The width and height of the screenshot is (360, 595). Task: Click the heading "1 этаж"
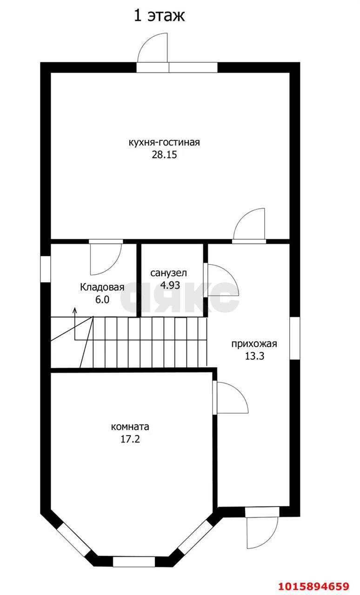point(160,15)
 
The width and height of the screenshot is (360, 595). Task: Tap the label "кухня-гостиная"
point(164,142)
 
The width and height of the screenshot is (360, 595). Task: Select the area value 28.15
point(164,155)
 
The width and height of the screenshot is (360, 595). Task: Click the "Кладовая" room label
point(102,287)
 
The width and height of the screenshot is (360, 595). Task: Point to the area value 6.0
point(102,300)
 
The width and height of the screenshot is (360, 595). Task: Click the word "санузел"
point(168,273)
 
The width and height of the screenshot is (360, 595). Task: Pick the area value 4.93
point(170,285)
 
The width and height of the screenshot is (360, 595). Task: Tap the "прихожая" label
point(254,344)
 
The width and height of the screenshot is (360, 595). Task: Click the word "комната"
point(130,426)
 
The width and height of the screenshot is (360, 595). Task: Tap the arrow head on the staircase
point(74,310)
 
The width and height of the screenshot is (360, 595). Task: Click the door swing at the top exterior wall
point(153,49)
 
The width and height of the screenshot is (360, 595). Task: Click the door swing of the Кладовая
point(105,258)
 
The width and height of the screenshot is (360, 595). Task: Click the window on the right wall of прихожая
point(295,338)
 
